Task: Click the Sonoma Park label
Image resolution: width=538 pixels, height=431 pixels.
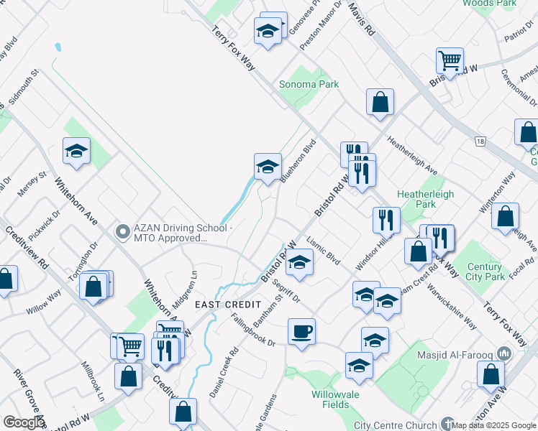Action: [x=309, y=84]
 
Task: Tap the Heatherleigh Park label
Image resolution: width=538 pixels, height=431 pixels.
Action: [x=417, y=199]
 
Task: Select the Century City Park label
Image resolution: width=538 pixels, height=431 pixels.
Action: [x=485, y=272]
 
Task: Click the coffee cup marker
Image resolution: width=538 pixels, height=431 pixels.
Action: [x=301, y=331]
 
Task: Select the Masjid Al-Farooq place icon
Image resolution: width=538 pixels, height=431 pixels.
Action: [x=503, y=353]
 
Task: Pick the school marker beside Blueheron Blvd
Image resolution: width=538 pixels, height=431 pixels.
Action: [x=268, y=167]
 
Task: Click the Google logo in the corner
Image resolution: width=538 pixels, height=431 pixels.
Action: [x=23, y=422]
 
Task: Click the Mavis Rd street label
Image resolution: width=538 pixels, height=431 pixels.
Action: [x=363, y=19]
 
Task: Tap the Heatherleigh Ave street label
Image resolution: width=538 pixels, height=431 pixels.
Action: [x=413, y=157]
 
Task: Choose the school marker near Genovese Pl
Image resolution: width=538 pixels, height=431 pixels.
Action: [x=268, y=31]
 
